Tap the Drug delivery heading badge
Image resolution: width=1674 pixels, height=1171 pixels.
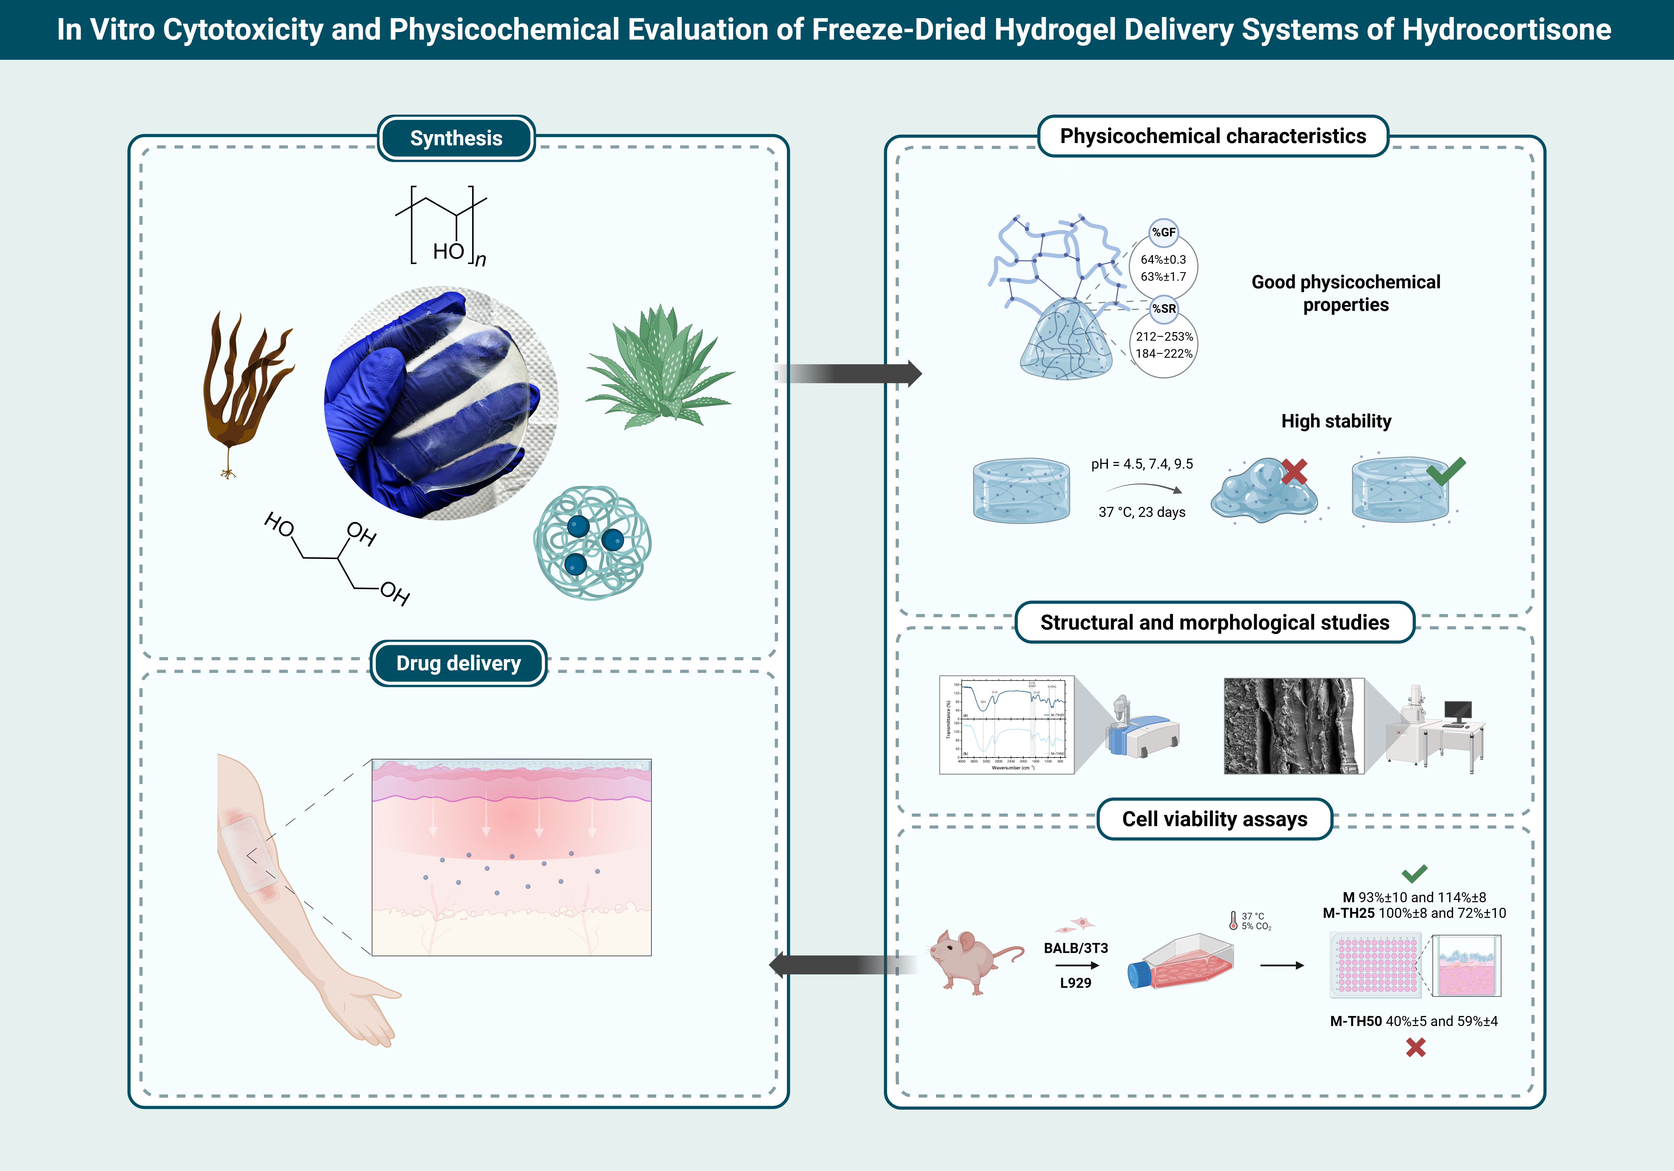pyautogui.click(x=459, y=663)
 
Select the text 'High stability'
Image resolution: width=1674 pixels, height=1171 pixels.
pyautogui.click(x=1336, y=421)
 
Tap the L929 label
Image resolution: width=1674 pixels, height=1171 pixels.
pyautogui.click(x=1076, y=983)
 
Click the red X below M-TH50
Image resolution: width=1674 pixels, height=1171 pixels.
pyautogui.click(x=1415, y=1048)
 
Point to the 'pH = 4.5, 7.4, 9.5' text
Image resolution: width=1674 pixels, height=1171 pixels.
pyautogui.click(x=1142, y=464)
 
